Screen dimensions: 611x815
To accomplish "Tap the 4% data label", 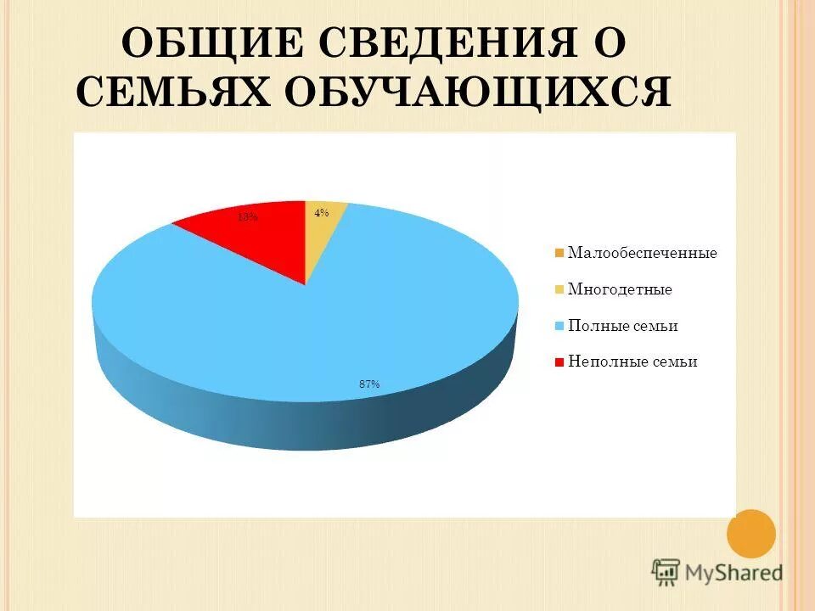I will pyautogui.click(x=321, y=214).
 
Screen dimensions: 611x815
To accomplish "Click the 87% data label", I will pyautogui.click(x=369, y=384).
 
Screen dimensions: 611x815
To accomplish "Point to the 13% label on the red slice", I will pyautogui.click(x=248, y=217).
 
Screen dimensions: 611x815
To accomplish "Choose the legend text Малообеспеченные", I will pyautogui.click(x=642, y=253).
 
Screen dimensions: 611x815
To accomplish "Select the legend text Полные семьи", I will pyautogui.click(x=622, y=326).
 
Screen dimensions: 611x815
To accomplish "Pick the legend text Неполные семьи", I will pyautogui.click(x=632, y=362).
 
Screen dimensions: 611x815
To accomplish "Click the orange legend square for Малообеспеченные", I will pyautogui.click(x=559, y=253).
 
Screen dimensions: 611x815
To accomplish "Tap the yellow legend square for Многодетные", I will pyautogui.click(x=559, y=289).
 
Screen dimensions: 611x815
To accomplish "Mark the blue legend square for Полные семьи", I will pyautogui.click(x=559, y=326).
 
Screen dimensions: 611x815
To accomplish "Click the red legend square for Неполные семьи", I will pyautogui.click(x=559, y=362).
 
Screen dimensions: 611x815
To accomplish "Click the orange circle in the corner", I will pyautogui.click(x=751, y=533).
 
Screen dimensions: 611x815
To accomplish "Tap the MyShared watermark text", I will pyautogui.click(x=734, y=572).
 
